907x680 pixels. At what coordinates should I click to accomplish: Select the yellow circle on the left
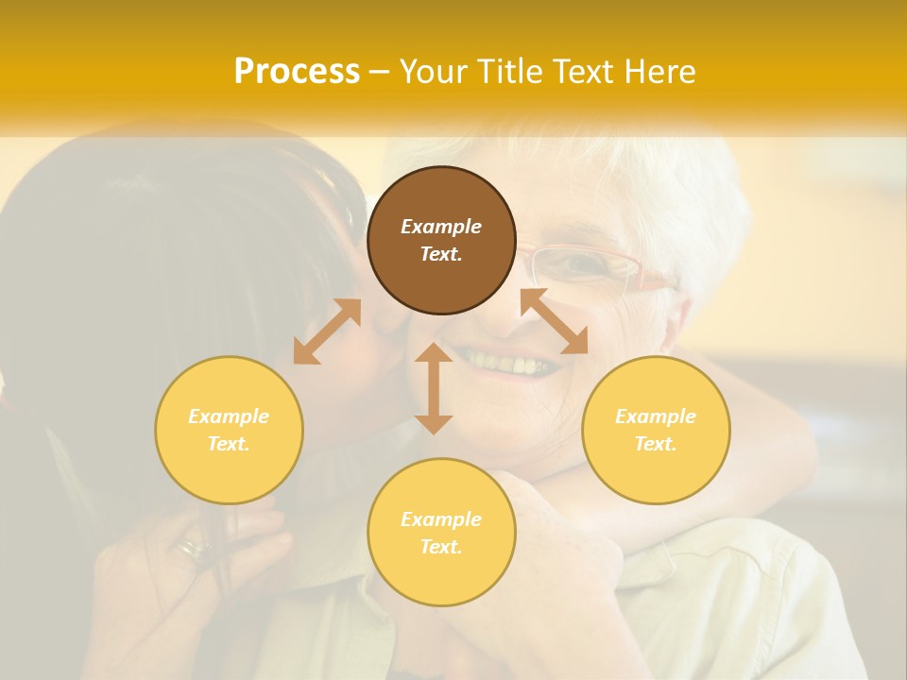[229, 430]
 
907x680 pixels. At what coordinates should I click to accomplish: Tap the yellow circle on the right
[656, 430]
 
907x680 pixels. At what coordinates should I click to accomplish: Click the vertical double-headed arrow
[434, 388]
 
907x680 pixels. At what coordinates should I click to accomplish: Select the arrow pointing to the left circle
[327, 331]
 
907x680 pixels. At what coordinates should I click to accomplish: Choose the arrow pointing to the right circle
[555, 322]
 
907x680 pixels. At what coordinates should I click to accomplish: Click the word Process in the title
[297, 72]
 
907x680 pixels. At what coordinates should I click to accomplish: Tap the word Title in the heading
[510, 72]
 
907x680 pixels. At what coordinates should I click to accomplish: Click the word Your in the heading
[434, 72]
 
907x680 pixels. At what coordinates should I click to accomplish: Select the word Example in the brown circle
[441, 227]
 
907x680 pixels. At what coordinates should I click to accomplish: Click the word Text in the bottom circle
[441, 547]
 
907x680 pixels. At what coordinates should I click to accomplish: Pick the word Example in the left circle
[229, 416]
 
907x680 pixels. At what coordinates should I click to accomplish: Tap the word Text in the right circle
[656, 444]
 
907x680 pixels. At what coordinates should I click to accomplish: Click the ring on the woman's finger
[195, 547]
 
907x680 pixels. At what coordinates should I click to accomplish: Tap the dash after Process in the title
[380, 72]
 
